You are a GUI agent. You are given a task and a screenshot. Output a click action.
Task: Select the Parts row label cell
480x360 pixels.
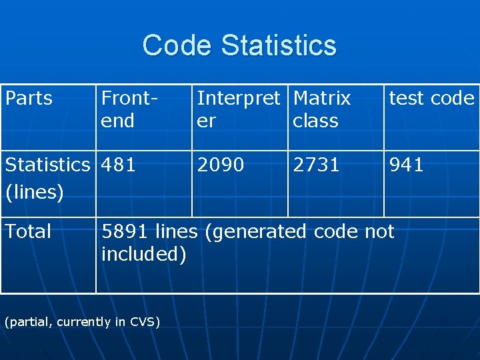(x=29, y=98)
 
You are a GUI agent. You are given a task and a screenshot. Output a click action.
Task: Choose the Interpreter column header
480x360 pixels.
(x=239, y=109)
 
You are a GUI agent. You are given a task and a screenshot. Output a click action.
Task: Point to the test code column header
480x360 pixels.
(x=431, y=98)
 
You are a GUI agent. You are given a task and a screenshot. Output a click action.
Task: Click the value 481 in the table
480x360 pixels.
(x=119, y=164)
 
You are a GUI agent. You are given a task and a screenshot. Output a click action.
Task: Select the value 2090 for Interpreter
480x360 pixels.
(x=221, y=164)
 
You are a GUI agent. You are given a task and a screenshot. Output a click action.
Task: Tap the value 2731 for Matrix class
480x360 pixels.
(x=317, y=164)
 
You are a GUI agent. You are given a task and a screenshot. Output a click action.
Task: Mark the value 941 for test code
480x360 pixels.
(x=407, y=164)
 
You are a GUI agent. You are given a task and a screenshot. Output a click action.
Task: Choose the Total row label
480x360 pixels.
(x=28, y=231)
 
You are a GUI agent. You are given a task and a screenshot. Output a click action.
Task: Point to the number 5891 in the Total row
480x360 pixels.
(x=125, y=231)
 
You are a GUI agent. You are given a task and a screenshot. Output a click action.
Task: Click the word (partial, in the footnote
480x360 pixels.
(x=29, y=322)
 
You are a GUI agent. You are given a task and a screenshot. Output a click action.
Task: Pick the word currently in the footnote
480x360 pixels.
(x=84, y=322)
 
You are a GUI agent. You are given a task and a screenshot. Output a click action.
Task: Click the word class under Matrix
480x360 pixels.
(x=315, y=121)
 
